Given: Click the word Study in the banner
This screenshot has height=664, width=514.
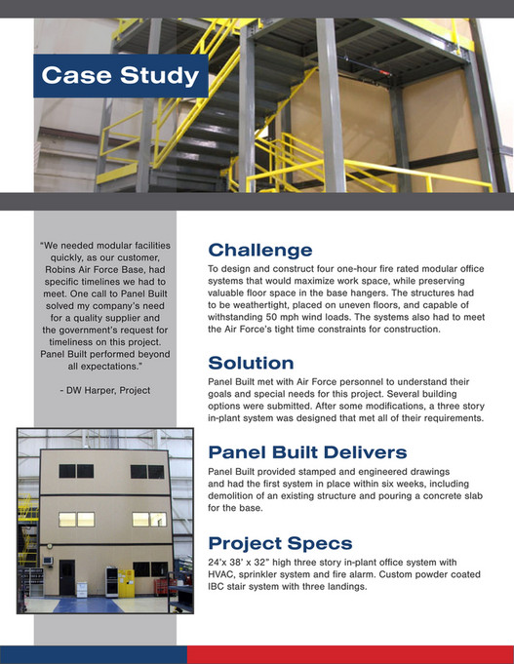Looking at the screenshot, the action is coord(159,76).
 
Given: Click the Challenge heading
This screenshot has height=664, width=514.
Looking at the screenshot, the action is coord(260,251).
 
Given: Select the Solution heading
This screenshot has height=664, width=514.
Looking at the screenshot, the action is coord(251,363).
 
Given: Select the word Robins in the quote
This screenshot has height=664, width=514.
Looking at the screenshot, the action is coord(59,270).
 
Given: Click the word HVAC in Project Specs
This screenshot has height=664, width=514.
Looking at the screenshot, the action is coord(219,574).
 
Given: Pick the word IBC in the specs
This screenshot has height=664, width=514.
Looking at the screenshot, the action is coord(216,587).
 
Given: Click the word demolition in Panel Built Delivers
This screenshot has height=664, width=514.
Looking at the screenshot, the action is coord(228,496).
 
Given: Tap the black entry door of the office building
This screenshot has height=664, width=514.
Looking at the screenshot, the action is coord(67,577).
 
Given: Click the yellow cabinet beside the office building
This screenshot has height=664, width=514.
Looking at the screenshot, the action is coord(126,583).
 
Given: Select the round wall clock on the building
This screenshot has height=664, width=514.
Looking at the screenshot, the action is coord(50,546).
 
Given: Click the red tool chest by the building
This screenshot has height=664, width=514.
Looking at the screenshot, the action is coord(160,587).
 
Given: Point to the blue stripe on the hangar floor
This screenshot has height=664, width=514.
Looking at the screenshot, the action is coord(88,605).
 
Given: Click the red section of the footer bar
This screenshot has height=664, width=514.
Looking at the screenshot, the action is coord(350,654).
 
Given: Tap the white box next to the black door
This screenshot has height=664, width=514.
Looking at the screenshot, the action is coord(82,590).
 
